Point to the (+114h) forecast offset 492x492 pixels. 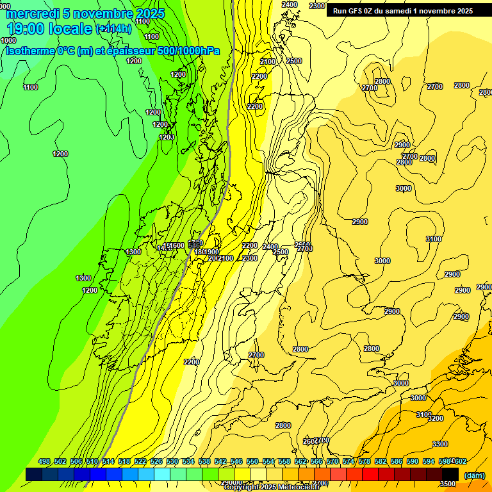tap(113, 29)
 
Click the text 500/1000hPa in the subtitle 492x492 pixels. tap(189, 51)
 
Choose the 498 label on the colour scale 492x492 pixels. tap(44, 461)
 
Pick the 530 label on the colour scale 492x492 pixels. tap(172, 461)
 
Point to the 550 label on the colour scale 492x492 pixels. tap(252, 461)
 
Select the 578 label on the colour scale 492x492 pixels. tap(365, 461)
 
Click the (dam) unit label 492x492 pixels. tap(474, 475)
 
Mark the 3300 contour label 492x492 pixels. tap(440, 444)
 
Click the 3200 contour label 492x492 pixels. tap(436, 418)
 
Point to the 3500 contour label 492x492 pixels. tap(448, 484)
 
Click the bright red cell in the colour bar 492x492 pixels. tap(370, 474)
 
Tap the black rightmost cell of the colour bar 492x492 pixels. tap(450, 474)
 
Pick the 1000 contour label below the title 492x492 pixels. tap(9, 40)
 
